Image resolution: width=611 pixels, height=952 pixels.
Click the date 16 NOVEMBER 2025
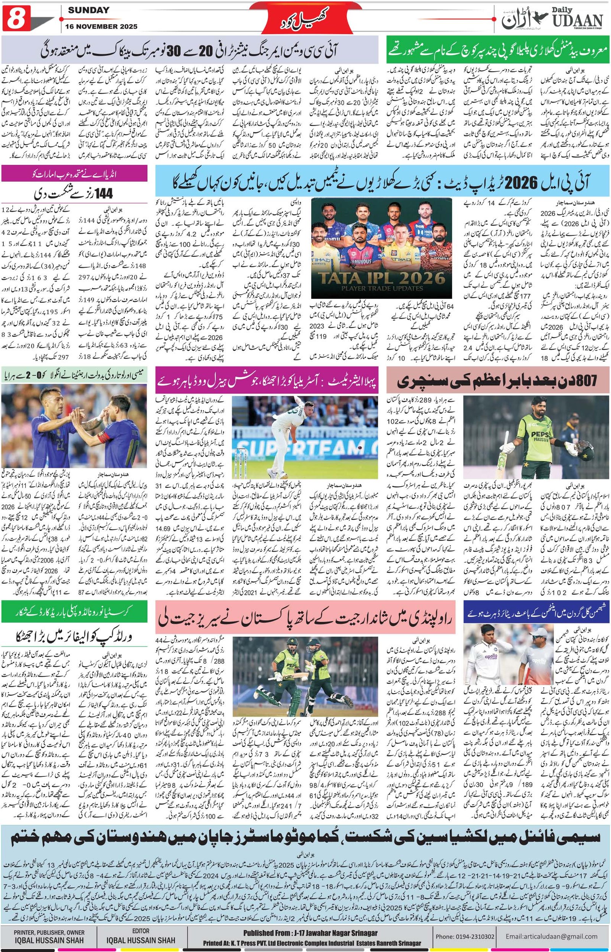point(103,27)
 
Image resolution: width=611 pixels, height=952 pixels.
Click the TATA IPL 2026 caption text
point(381,278)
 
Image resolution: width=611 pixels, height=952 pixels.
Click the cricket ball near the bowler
point(359,447)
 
